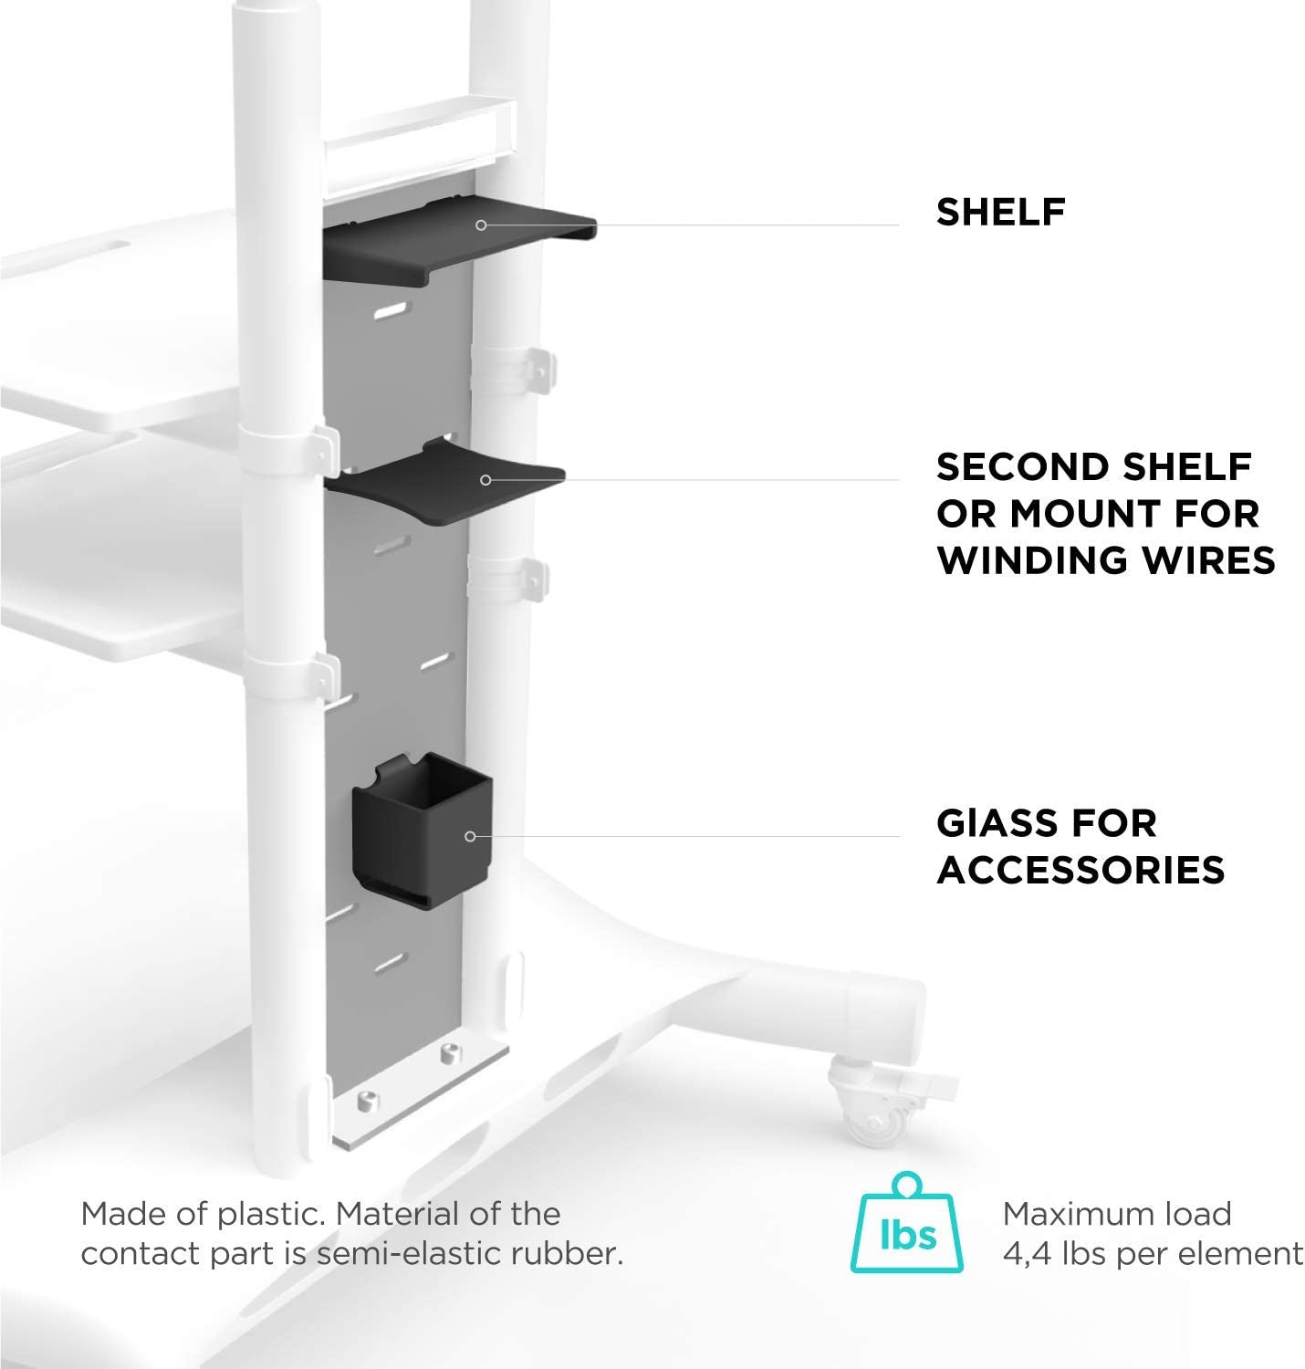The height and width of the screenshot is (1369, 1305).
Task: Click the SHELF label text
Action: click(x=1000, y=213)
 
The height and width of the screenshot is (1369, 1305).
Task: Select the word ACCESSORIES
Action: click(x=1081, y=870)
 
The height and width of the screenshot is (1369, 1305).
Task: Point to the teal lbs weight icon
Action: click(x=907, y=1223)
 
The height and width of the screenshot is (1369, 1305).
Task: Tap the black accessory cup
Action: click(x=422, y=830)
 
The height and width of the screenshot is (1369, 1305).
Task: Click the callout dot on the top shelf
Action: click(x=481, y=225)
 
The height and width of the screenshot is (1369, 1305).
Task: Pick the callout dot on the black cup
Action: click(x=470, y=836)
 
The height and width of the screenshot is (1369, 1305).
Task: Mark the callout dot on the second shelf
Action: click(x=485, y=480)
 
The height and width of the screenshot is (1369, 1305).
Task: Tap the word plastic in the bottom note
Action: click(x=271, y=1215)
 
